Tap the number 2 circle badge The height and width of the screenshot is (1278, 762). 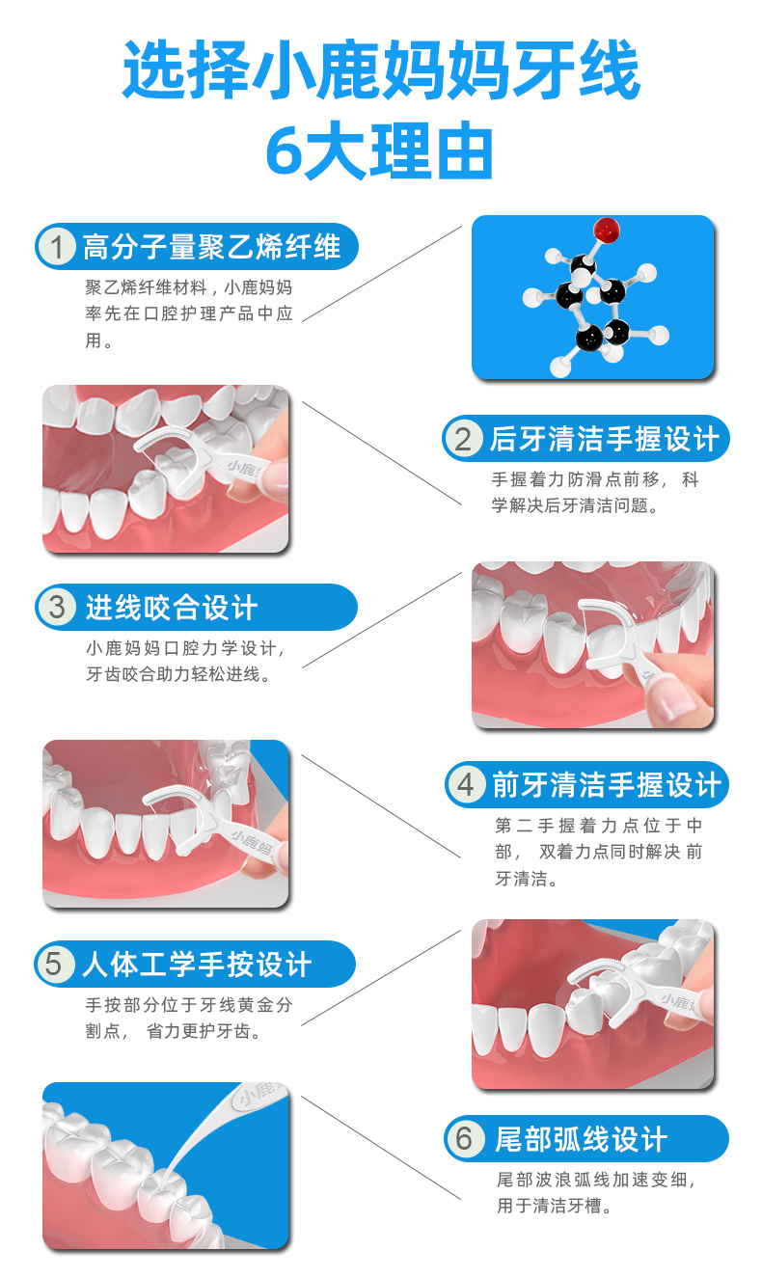pos(463,439)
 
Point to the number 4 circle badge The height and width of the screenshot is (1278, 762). pos(465,784)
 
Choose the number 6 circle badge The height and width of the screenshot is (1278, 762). pos(464,1139)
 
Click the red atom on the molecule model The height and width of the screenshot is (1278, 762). pos(606,231)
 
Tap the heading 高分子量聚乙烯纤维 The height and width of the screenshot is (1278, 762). pos(212,248)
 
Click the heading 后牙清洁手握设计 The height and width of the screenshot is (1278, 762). pos(605,439)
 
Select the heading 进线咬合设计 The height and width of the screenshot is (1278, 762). pos(172,608)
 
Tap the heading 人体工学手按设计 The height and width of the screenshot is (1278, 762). pos(197,964)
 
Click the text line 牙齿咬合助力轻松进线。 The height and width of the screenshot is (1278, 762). pos(178,674)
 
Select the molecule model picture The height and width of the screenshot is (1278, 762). pos(592,297)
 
